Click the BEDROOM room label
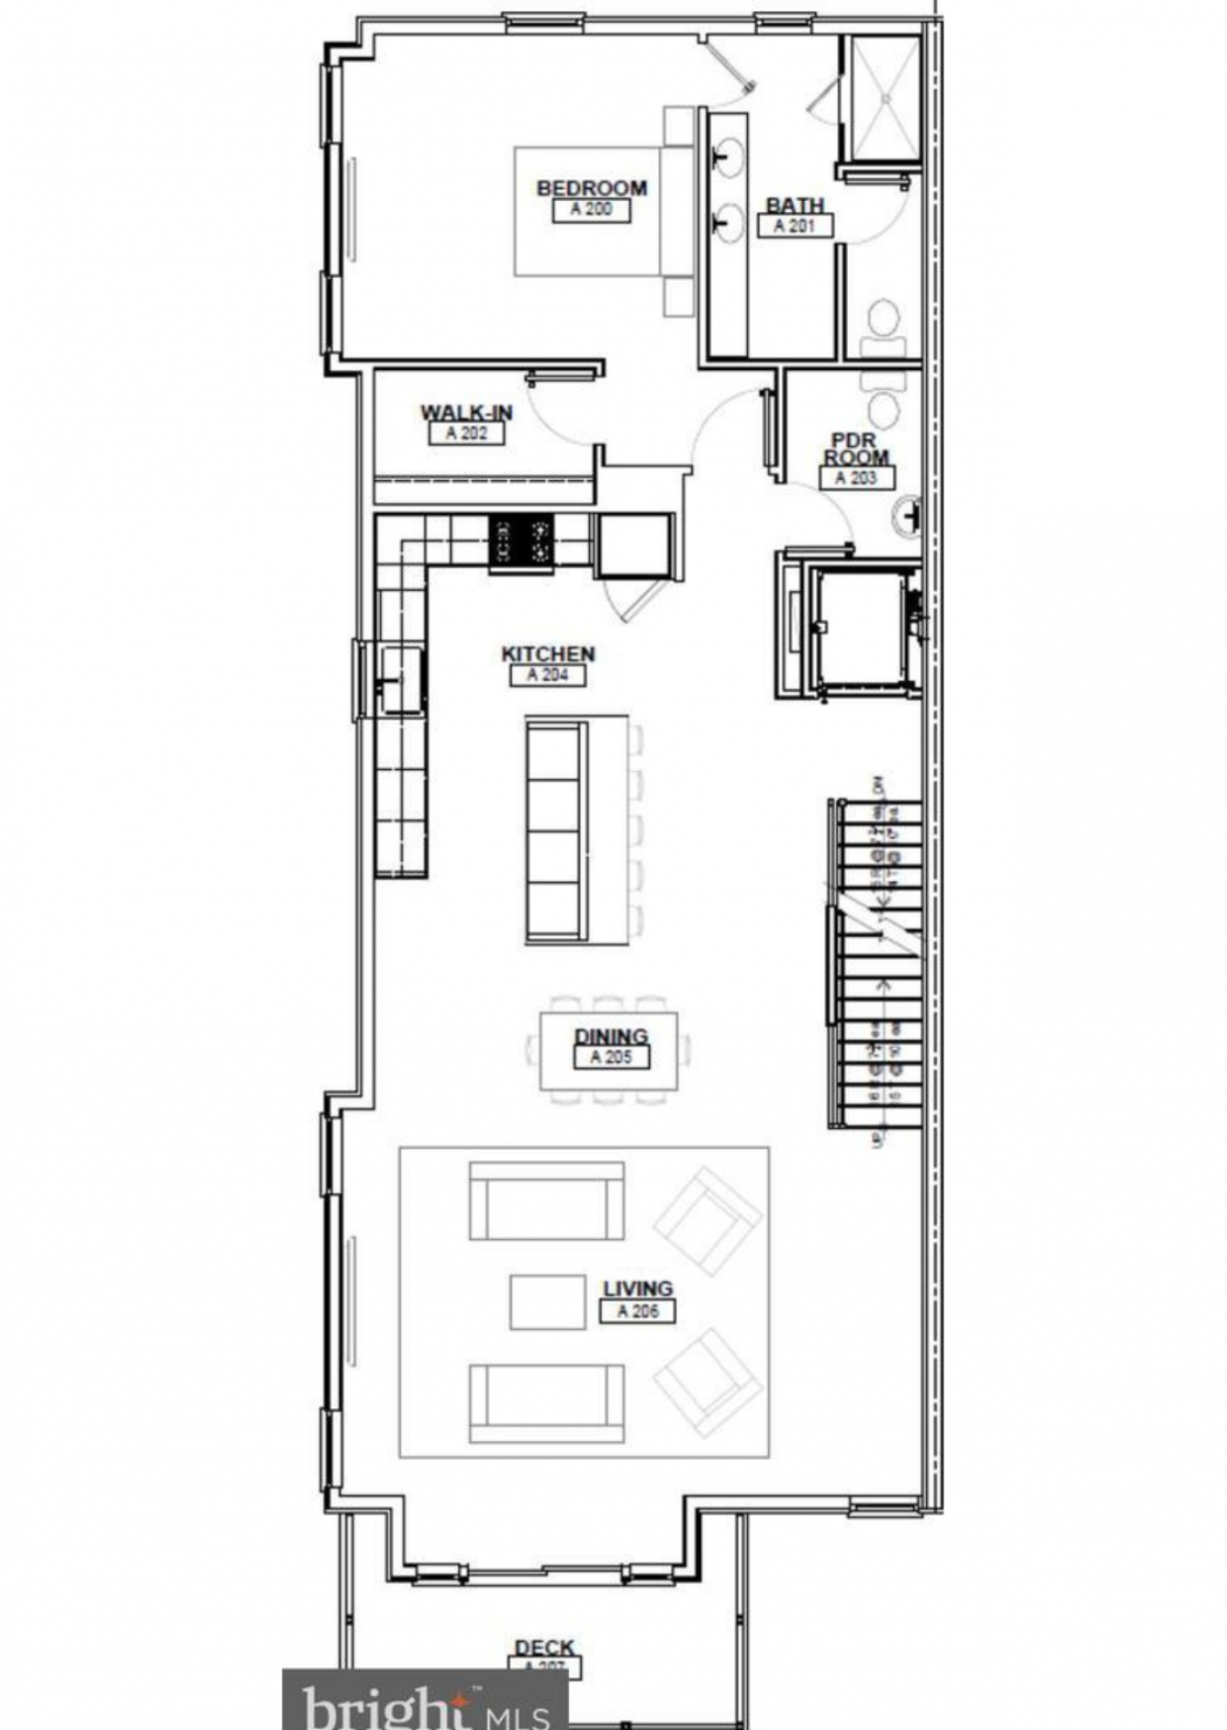point(592,188)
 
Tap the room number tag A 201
point(794,225)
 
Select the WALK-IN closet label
point(466,413)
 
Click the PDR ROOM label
point(856,449)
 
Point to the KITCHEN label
point(548,654)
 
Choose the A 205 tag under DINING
point(611,1056)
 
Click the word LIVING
point(638,1288)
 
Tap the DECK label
point(544,1646)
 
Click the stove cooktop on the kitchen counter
point(521,541)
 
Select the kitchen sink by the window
point(401,679)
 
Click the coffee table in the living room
point(547,1302)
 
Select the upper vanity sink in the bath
point(726,156)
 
